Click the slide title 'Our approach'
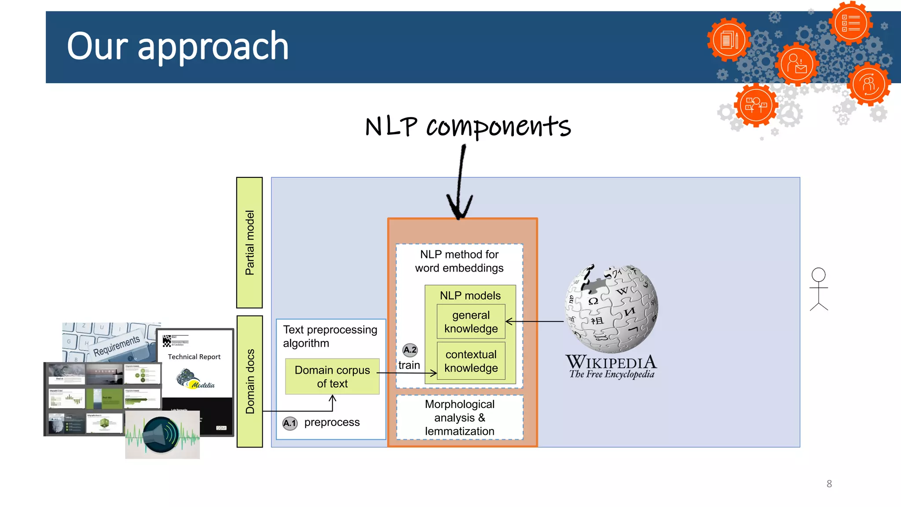178,47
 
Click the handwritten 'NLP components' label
468,126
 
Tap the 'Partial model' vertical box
249,242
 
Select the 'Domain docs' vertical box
249,381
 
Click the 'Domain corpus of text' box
332,377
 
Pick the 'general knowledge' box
471,322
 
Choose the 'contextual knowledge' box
471,361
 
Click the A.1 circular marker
290,423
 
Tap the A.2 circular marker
410,350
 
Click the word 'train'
409,365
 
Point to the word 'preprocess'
332,422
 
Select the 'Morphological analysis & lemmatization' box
460,418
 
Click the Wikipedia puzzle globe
612,309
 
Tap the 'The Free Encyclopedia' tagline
612,375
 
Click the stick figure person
818,289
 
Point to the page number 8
829,484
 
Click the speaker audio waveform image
162,435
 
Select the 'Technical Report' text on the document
194,357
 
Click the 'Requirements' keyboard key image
116,345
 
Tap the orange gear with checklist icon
850,23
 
